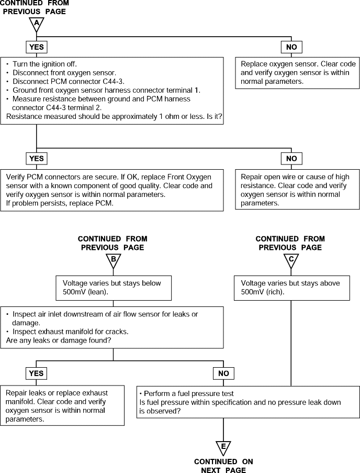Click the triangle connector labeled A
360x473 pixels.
(37, 24)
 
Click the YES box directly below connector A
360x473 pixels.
(37, 47)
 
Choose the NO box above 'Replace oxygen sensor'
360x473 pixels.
(291, 47)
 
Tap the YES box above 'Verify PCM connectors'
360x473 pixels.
(37, 159)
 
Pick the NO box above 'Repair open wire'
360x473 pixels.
(291, 159)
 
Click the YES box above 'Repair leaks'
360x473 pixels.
(36, 373)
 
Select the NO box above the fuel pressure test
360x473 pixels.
(223, 373)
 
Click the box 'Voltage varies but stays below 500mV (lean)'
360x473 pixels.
(114, 288)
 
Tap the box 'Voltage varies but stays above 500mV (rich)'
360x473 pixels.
(292, 288)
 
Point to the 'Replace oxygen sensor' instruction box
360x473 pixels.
(297, 73)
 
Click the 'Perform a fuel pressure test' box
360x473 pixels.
(248, 402)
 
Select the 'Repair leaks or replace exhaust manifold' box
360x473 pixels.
(62, 405)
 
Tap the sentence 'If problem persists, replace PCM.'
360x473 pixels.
(60, 203)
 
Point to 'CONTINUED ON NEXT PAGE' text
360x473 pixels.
(223, 466)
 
